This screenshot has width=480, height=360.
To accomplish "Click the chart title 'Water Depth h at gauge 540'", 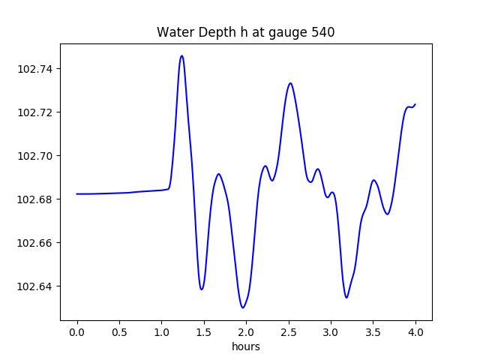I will point(245,32).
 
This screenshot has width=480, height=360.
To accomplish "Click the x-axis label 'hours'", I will point(245,346).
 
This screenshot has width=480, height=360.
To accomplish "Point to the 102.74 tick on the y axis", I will point(39,69).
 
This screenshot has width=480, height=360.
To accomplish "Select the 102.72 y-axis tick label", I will point(39,112).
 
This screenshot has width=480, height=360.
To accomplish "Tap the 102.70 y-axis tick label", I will point(39,156).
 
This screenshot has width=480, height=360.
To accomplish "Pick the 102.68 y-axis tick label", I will point(39,199).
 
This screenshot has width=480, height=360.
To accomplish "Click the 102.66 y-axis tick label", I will point(39,243).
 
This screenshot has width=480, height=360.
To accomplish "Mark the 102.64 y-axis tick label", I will point(39,286).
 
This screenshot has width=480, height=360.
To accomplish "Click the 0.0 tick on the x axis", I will point(77,331).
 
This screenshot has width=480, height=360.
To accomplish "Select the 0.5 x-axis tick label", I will point(119,331).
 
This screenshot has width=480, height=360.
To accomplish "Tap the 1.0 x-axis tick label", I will point(161,331).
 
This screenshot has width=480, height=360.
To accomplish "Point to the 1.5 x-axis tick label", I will point(204,331).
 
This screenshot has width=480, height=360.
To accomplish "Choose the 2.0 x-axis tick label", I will point(246,331).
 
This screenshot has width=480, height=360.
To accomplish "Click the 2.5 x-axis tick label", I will point(289,331).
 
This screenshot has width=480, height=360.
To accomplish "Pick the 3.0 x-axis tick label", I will point(331,331).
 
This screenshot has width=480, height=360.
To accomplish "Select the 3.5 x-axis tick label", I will point(373,331).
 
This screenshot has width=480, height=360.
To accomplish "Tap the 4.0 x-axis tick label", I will point(415,331).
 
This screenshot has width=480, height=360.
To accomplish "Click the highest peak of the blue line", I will point(181,55).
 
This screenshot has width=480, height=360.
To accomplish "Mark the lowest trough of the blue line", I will point(243,307).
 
